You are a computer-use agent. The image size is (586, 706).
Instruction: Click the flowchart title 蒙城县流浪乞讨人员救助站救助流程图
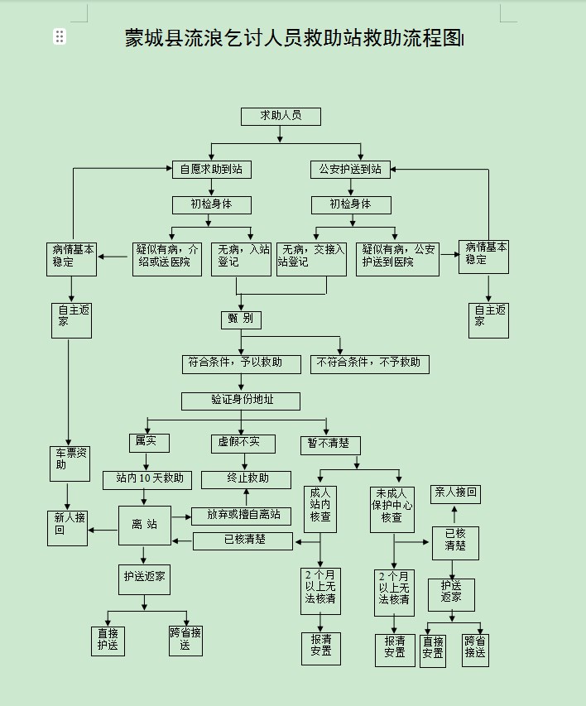coord(293,38)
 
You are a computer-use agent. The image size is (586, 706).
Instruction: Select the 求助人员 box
coord(281,116)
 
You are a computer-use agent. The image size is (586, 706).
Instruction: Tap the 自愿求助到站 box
coord(211,169)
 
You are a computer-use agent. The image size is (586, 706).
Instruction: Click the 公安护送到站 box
coord(350,169)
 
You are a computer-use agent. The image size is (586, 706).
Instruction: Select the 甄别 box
coord(241,319)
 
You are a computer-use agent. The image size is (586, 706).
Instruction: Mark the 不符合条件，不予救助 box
coord(370,363)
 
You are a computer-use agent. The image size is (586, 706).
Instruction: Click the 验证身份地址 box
coord(242,401)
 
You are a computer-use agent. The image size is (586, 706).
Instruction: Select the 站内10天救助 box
coord(149,479)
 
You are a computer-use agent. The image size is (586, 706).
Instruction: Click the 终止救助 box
coord(247,479)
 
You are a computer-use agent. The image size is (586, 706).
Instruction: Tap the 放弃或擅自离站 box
coord(243,516)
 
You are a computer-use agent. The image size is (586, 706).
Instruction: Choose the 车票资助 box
coord(70,463)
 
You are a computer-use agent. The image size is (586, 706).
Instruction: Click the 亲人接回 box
coord(454,493)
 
